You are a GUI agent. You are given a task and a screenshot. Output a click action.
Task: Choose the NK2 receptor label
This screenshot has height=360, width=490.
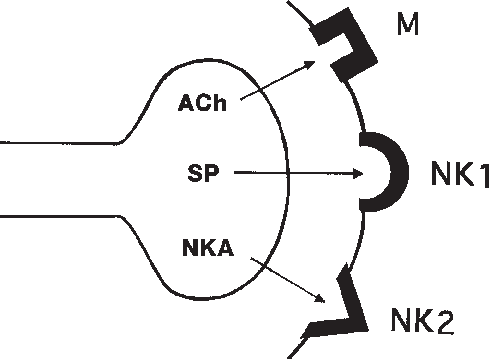tap(424, 321)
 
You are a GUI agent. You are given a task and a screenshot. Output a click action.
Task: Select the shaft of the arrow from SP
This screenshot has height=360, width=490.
tap(290, 173)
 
